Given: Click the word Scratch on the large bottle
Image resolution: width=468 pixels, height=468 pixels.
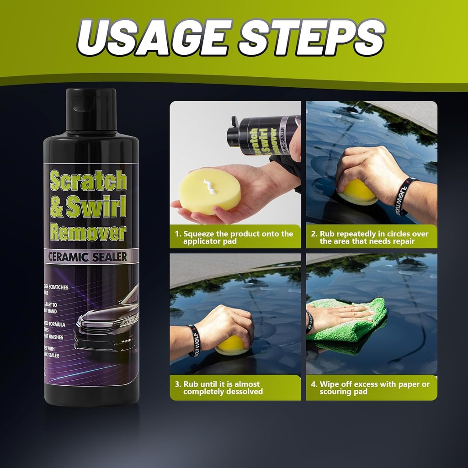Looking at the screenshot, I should pyautogui.click(x=88, y=181).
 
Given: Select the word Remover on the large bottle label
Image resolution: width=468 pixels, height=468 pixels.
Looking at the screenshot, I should pyautogui.click(x=88, y=232).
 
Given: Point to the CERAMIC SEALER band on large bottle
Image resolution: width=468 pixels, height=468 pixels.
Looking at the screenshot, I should pyautogui.click(x=88, y=256).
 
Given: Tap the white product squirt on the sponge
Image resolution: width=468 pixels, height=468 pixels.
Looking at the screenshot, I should pyautogui.click(x=209, y=186).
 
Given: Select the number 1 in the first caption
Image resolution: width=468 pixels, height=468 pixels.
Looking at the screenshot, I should pyautogui.click(x=177, y=234).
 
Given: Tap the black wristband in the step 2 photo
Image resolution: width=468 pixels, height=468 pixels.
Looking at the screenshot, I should pyautogui.click(x=405, y=197).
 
